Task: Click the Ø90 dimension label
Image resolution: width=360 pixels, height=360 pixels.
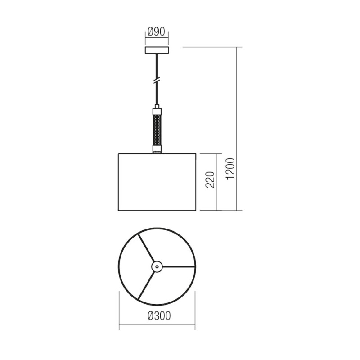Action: [x=157, y=32]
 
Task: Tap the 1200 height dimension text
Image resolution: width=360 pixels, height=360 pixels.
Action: [x=230, y=169]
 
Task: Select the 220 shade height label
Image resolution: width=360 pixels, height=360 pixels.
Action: [x=210, y=180]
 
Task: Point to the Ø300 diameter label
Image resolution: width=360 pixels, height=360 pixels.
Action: [x=159, y=316]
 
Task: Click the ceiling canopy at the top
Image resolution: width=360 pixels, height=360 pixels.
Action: [x=157, y=50]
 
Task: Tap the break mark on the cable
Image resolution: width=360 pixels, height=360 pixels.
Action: [x=157, y=81]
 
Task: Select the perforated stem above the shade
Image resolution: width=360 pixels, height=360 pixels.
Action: [x=157, y=129]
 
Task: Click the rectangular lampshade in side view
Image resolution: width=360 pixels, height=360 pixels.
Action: [x=157, y=182]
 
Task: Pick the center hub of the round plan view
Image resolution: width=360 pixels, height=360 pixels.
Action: [x=157, y=266]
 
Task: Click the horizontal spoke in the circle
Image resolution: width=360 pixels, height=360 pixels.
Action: [x=179, y=267]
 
